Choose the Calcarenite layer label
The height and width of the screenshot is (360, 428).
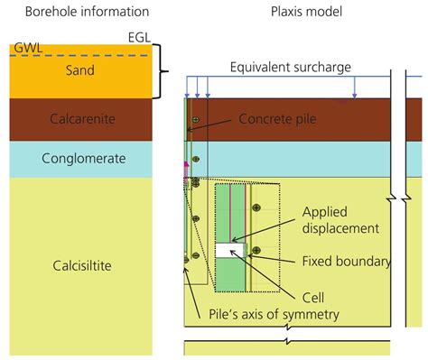coord(76,118)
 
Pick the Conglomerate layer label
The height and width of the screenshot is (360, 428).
coord(76,160)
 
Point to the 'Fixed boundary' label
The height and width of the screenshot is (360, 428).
coord(346,262)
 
